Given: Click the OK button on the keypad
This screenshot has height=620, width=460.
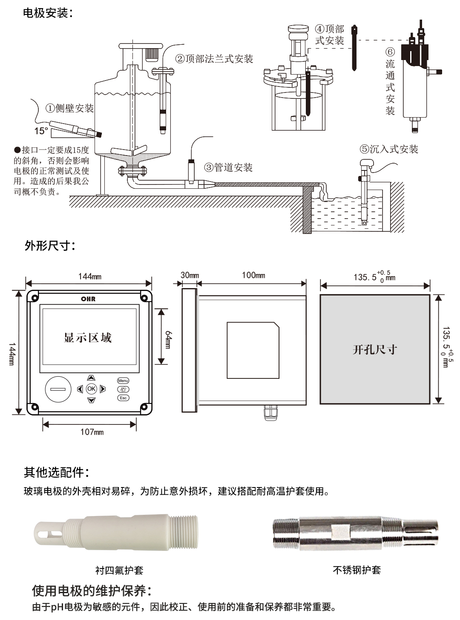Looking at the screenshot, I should coord(91,389).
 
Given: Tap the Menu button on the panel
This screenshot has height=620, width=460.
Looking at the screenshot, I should coord(123,381).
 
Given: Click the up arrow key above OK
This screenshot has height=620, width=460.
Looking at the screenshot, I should coord(91,378).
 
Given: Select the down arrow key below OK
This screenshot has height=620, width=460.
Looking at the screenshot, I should coord(91,400).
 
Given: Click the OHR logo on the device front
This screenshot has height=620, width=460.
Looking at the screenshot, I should coord(88,299).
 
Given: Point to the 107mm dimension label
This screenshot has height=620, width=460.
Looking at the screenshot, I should coord(92,432).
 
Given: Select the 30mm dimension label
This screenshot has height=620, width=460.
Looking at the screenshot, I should coord(190,275).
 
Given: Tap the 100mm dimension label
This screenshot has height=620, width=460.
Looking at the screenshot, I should coord(253,275).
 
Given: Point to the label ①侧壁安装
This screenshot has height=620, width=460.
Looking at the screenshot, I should coord(69,108).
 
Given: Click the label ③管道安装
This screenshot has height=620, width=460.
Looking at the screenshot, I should coord(228,167).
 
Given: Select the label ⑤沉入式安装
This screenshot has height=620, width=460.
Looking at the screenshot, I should coord(388,149).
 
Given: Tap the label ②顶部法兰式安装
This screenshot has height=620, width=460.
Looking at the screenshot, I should coord(214,59).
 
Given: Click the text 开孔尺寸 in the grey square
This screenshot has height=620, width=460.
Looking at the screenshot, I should coord(374,350).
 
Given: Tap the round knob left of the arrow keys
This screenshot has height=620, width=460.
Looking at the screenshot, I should coord(58,389).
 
